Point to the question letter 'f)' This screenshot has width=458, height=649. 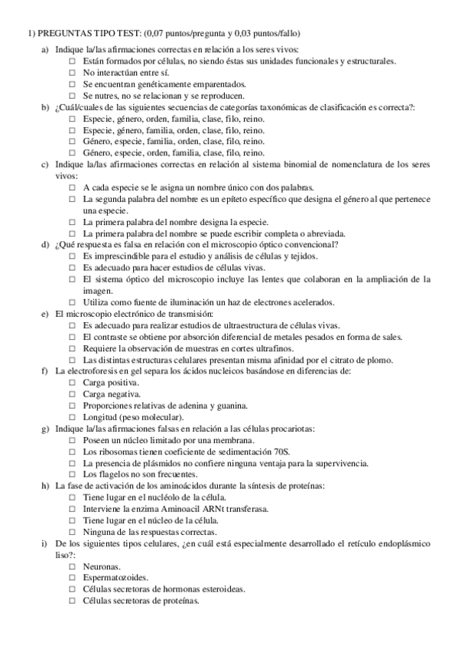(45, 371)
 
